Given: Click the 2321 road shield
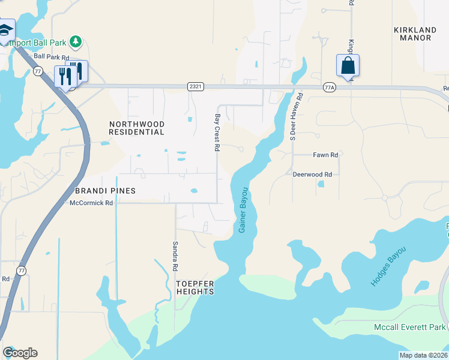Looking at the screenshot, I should coord(196,86).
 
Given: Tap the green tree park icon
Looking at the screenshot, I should coord(76,41).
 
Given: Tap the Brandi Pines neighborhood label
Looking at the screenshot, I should coord(106,191).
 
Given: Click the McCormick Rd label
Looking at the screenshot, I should coord(91,203).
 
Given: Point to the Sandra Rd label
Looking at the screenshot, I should coord(175,255).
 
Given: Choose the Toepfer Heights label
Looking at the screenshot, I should coord(195,287).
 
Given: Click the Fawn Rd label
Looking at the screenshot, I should coord(325,155).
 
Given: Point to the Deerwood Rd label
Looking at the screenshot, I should coord(312,175).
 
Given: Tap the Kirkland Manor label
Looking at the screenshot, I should coord(412,34).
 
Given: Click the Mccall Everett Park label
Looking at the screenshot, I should coord(409,327).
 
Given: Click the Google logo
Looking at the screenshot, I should coord(20,353).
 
